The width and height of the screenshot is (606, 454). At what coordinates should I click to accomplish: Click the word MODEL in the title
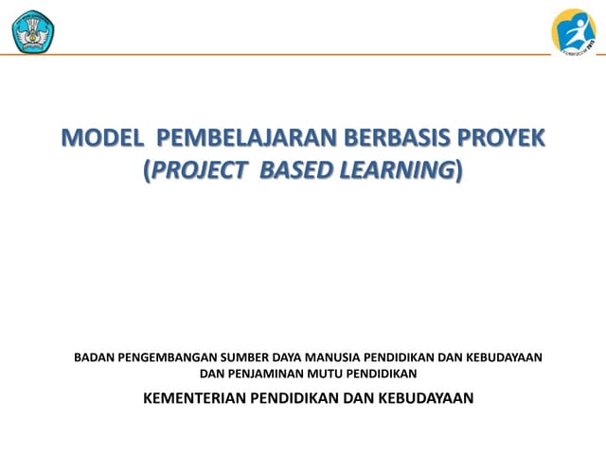[x=99, y=139]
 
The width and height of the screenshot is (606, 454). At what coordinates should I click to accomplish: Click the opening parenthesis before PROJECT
[x=147, y=171]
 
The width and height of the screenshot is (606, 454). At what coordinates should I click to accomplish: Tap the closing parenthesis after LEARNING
[x=460, y=171]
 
